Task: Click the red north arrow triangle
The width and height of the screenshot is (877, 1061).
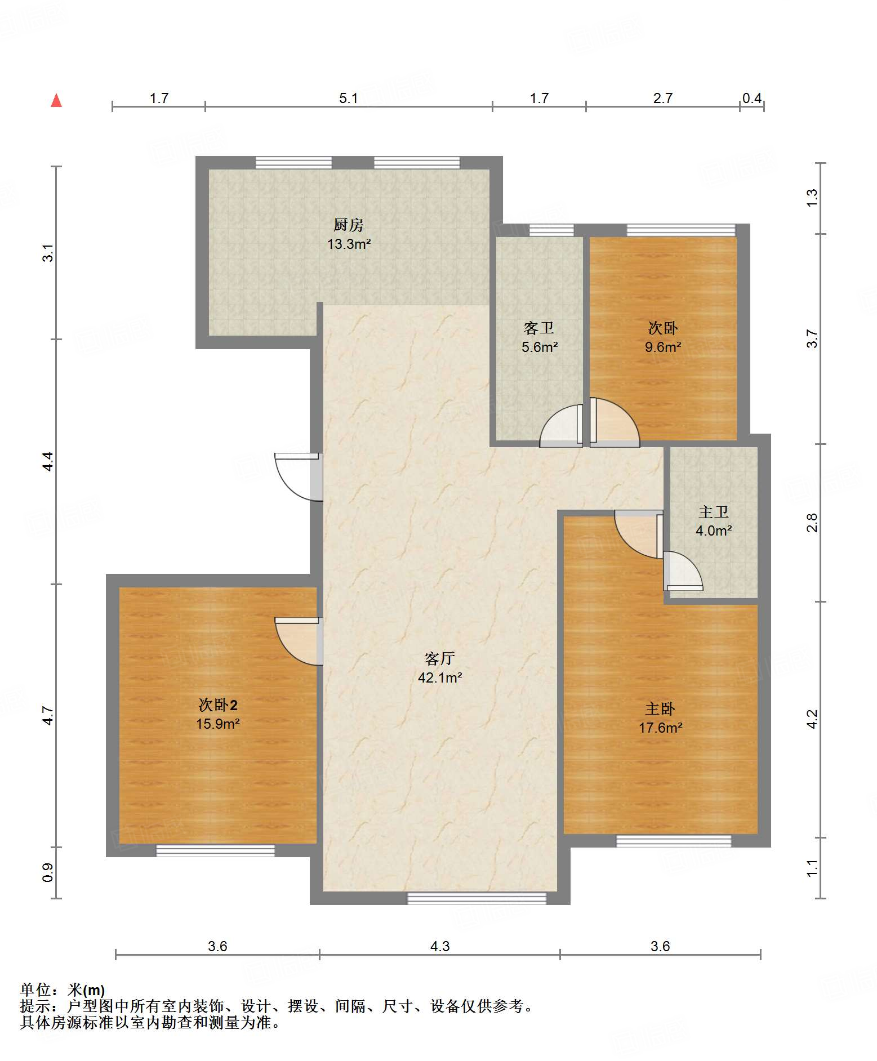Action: coord(56,100)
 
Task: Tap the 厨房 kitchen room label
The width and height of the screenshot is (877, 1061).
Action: coord(349,225)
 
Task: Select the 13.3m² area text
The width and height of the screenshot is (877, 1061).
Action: coord(349,244)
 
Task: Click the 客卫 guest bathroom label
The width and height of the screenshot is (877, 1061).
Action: coord(539,328)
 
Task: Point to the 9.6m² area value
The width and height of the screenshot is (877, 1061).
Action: coord(663,347)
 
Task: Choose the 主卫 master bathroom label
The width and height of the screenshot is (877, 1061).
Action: coord(714,512)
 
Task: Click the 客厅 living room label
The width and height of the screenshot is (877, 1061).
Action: coord(439,658)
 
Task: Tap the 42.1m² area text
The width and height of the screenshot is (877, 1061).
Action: coord(440,677)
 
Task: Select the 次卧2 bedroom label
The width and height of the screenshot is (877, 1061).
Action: coord(218,705)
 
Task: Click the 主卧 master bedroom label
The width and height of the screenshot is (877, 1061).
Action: coord(660,708)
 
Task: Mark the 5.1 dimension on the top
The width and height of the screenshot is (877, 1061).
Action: coord(349,98)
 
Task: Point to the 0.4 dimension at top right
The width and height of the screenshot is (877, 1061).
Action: coord(752,98)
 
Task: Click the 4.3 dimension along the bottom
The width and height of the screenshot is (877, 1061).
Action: coord(440,946)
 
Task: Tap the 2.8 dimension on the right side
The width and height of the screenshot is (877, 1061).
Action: coord(812,523)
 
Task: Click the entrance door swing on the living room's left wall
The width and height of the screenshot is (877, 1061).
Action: coord(299,476)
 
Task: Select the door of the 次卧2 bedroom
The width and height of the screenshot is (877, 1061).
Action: coord(299,641)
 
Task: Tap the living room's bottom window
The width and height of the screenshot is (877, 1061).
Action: coord(477,898)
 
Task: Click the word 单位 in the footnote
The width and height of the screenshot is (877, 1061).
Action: coord(35,989)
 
